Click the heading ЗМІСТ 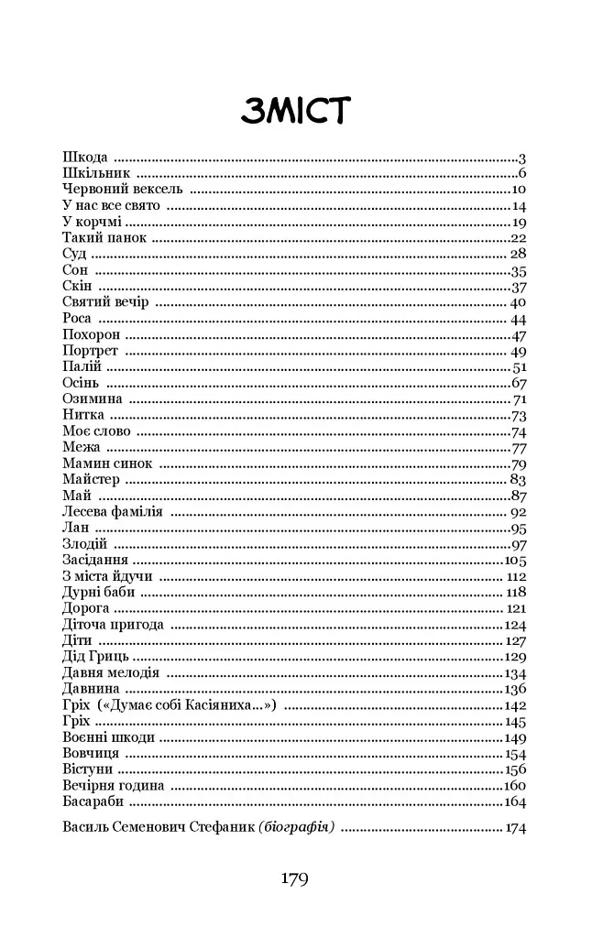tap(296, 111)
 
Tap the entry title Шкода tap(85, 158)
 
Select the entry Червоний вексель tap(123, 190)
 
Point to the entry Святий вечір tap(107, 302)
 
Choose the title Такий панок tap(104, 238)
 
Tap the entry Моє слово tap(96, 431)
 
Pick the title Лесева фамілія tap(113, 512)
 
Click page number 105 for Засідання tap(516, 560)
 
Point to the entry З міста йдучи tap(107, 576)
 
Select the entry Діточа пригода tap(113, 625)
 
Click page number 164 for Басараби tap(516, 802)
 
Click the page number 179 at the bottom tap(295, 879)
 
